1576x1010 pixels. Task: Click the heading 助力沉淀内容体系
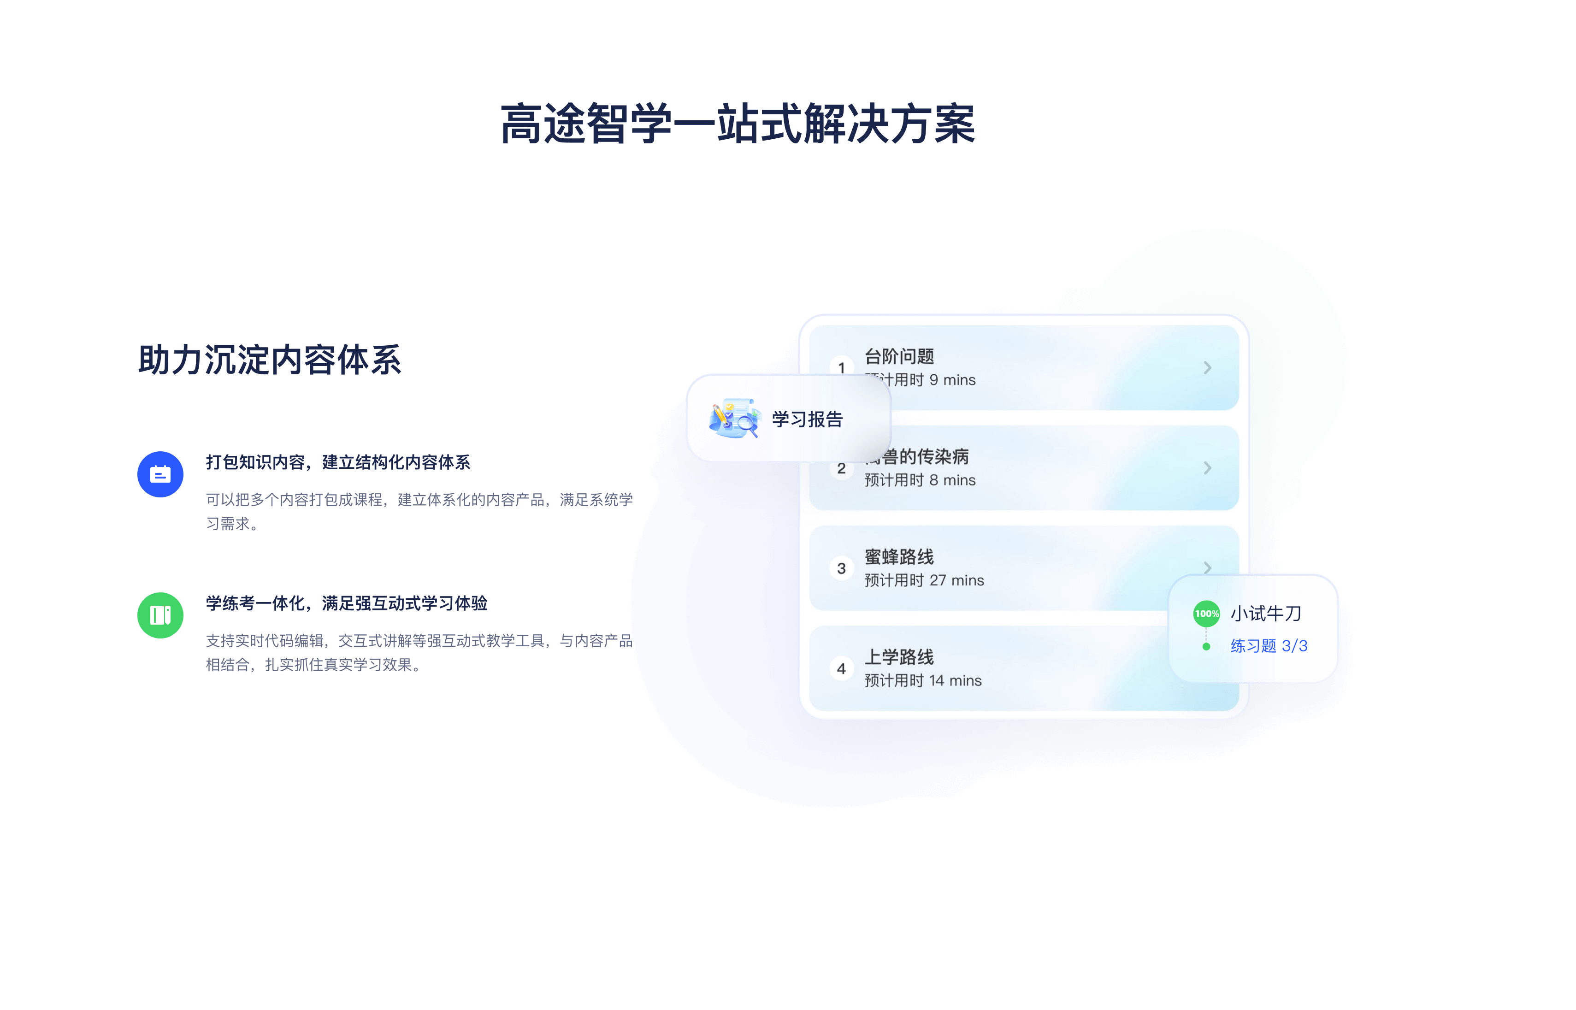point(270,360)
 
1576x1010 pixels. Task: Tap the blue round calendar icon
point(160,474)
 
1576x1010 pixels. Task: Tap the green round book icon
point(160,615)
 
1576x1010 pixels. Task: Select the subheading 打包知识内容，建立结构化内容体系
point(338,462)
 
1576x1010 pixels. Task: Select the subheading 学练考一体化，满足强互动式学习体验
point(346,603)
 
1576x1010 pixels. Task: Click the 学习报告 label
point(807,419)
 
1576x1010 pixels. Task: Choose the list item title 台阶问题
point(899,356)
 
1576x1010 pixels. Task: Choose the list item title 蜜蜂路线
point(899,557)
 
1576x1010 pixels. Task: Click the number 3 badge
point(841,569)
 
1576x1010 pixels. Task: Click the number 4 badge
point(841,669)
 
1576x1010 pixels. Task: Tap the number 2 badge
point(841,469)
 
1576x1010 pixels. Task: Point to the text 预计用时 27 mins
point(924,580)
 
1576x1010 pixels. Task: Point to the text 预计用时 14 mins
point(923,681)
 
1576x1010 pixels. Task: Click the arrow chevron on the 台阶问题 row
point(1207,368)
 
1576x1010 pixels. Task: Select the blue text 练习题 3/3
point(1269,646)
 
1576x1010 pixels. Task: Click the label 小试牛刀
point(1266,613)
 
